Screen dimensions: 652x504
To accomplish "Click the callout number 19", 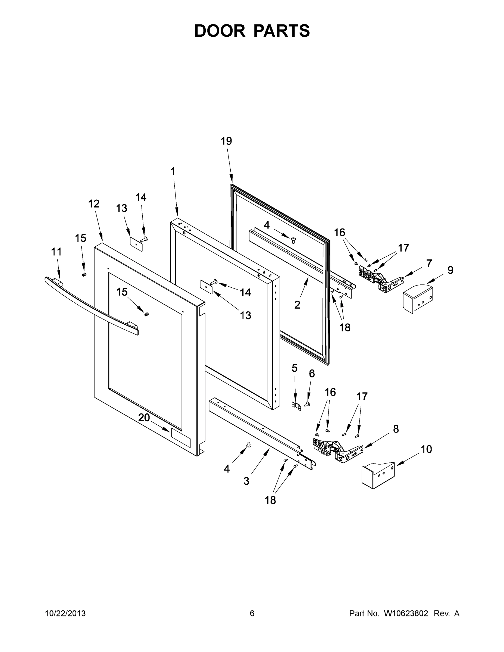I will (x=226, y=141).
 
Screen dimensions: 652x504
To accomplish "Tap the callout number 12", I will (x=93, y=204).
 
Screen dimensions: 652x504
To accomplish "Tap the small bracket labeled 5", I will (x=296, y=406).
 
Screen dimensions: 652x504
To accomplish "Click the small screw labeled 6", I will (x=307, y=404).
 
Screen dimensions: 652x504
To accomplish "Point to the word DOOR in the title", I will (x=220, y=31).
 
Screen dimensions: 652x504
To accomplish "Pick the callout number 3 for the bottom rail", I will (x=246, y=481).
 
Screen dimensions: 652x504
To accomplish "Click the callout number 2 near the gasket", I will (x=297, y=305).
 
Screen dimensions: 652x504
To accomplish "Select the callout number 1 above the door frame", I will (x=173, y=171).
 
